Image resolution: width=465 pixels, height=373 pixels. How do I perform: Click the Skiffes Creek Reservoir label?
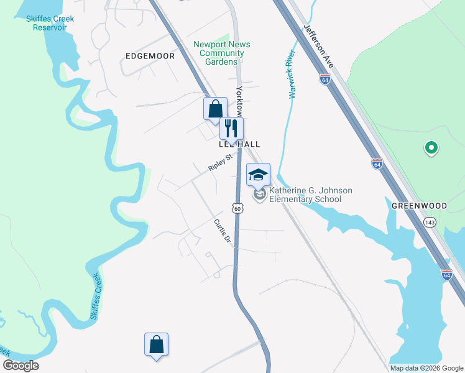click(50, 23)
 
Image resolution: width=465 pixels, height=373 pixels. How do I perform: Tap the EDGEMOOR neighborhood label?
click(150, 56)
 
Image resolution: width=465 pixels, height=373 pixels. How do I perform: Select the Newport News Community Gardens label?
click(222, 53)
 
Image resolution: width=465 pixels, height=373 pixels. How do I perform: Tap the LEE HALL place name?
click(239, 144)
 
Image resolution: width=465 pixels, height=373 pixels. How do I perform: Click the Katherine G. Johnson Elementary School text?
click(306, 195)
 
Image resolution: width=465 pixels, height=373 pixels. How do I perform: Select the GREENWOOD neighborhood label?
click(420, 205)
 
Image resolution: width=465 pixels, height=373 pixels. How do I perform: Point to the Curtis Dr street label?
click(222, 230)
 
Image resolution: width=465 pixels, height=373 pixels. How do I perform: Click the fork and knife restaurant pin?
click(231, 129)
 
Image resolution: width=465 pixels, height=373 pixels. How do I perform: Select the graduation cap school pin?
click(259, 175)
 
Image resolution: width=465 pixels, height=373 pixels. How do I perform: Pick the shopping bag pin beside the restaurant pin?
click(214, 108)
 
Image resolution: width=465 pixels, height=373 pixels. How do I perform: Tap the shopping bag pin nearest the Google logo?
click(156, 344)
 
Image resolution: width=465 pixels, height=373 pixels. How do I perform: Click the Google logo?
click(21, 366)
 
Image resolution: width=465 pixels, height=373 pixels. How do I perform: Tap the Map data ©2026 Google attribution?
click(426, 368)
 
